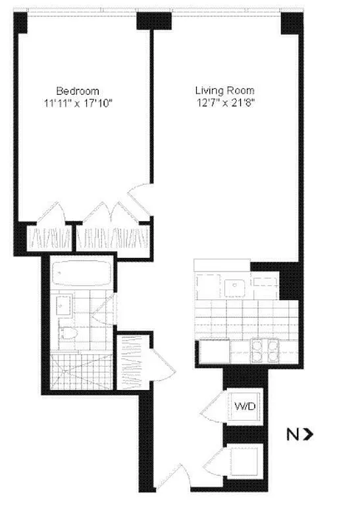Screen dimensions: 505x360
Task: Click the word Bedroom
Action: click(78, 90)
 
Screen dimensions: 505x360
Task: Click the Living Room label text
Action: click(224, 90)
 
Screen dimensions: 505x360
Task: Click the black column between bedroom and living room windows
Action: click(149, 21)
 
